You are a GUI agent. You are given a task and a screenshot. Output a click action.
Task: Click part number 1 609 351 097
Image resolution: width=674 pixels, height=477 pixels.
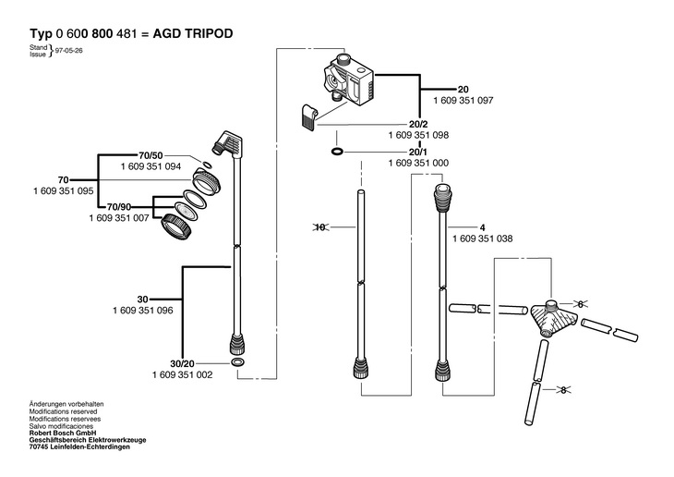463,101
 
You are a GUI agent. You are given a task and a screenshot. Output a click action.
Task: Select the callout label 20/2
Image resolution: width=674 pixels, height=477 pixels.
418,125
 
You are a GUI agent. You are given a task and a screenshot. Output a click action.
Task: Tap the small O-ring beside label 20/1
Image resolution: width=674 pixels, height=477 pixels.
337,152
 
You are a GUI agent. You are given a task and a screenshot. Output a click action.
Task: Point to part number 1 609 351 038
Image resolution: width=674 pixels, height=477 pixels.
482,238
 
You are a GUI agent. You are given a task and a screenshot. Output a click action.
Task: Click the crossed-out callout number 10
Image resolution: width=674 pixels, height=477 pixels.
320,226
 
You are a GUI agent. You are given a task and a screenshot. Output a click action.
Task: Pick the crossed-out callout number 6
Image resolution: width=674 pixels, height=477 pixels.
581,304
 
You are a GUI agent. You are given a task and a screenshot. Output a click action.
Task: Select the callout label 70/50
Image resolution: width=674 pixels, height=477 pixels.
150,155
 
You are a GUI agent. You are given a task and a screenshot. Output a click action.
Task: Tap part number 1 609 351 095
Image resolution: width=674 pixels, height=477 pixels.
63,190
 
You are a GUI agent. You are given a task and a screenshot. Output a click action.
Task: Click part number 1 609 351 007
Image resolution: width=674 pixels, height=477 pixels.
119,218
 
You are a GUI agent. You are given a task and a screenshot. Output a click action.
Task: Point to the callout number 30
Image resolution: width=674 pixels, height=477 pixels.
143,300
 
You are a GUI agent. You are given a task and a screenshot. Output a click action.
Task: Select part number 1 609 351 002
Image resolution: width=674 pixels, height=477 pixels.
182,375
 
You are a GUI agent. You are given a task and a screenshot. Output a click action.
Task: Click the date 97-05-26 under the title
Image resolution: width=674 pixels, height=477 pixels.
68,50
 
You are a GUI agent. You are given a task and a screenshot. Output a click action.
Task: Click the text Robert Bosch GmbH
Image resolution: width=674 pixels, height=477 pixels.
63,433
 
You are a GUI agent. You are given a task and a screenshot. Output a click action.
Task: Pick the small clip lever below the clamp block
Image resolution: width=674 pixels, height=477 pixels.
308,116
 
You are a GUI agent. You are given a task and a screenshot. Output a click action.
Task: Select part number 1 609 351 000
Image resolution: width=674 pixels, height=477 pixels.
418,164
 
